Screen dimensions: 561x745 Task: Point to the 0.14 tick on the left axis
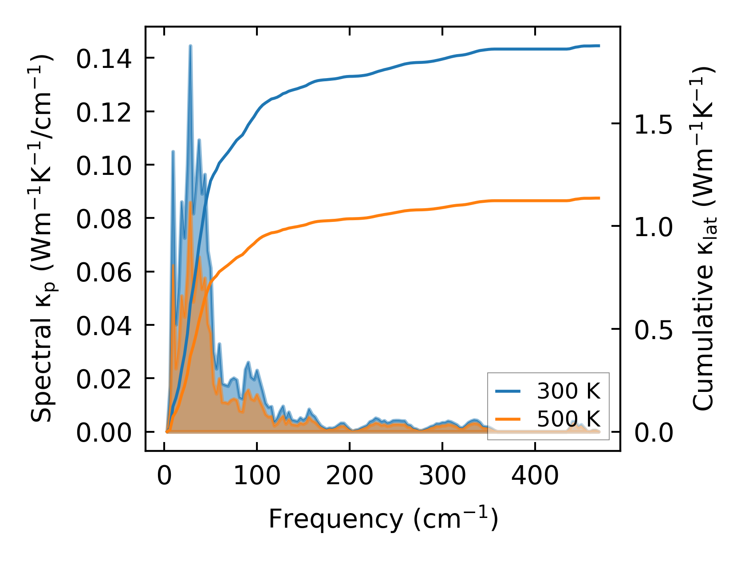click(x=104, y=59)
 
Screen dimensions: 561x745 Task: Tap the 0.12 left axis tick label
click(x=104, y=112)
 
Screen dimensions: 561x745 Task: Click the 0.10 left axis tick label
click(x=104, y=166)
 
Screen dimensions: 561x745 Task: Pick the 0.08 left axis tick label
click(x=104, y=219)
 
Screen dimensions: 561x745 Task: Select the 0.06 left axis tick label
click(x=104, y=272)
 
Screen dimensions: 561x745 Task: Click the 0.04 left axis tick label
click(x=104, y=325)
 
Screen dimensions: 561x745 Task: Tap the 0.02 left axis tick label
click(x=104, y=379)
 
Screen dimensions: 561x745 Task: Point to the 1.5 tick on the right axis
click(x=653, y=124)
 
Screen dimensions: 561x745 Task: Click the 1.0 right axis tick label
click(x=653, y=227)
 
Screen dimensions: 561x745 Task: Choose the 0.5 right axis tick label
click(x=653, y=330)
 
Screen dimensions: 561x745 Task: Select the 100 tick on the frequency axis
click(x=257, y=476)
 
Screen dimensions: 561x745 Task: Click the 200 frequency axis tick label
click(x=350, y=476)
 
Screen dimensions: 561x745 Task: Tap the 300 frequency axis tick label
click(x=442, y=476)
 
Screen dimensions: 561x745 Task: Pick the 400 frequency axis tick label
click(x=535, y=476)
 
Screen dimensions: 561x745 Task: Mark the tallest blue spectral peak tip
click(x=190, y=46)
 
